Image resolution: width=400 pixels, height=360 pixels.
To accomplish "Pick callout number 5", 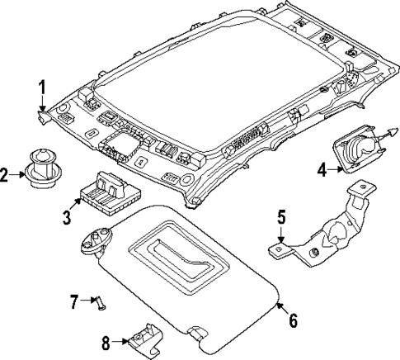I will tap(280, 219).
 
